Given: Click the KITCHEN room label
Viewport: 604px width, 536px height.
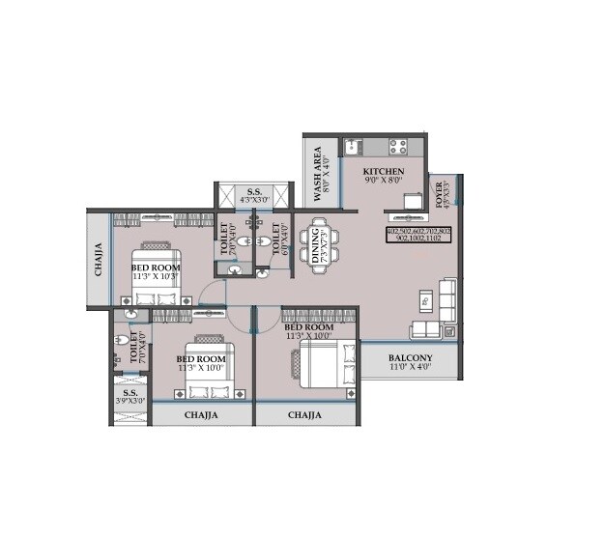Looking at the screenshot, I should click(x=384, y=170).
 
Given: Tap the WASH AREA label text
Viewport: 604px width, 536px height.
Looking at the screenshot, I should click(x=316, y=175).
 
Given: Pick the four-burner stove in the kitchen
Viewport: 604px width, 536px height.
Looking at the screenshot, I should click(x=399, y=147).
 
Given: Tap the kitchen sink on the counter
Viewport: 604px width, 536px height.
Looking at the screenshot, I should click(x=354, y=147).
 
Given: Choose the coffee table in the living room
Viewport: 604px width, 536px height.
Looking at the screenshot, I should click(x=424, y=301).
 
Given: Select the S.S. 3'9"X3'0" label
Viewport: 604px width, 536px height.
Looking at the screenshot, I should click(x=130, y=397).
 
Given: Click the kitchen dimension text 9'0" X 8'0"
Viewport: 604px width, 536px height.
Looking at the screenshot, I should click(x=384, y=181).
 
